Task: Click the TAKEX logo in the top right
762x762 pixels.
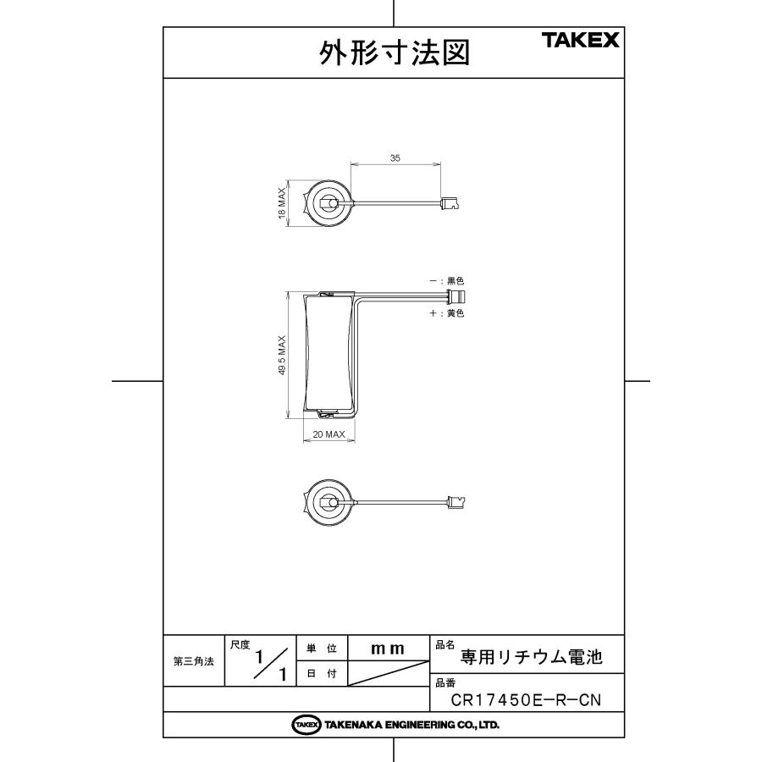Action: click(581, 41)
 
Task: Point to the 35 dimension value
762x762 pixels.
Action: click(395, 157)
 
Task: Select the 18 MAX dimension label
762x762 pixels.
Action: click(282, 204)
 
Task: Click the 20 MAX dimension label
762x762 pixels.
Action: click(328, 434)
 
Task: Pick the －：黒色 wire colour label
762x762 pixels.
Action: click(446, 280)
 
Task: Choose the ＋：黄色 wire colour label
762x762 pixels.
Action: click(446, 312)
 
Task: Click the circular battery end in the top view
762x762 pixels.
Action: click(326, 203)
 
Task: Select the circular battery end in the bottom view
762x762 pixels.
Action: click(326, 503)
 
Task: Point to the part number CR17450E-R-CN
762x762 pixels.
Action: click(527, 700)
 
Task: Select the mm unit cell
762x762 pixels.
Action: click(388, 648)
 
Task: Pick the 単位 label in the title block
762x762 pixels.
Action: click(321, 649)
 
